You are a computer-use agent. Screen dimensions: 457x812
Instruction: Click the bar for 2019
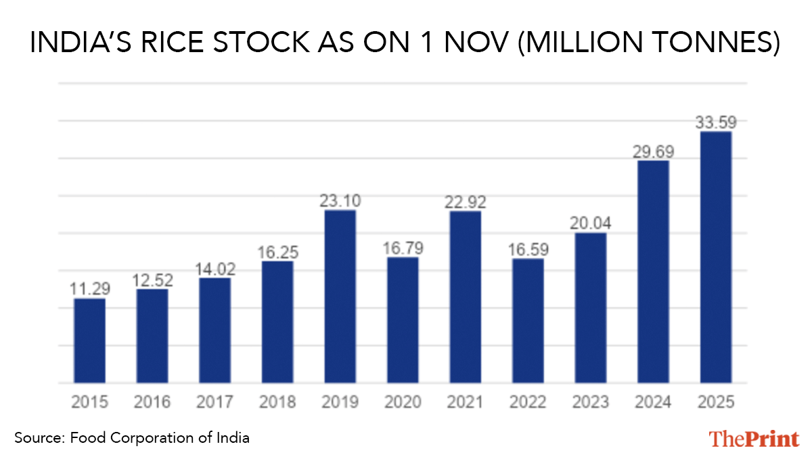point(340,297)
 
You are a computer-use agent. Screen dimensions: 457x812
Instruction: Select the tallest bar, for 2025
point(715,257)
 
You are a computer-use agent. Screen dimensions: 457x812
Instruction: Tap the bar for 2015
point(89,341)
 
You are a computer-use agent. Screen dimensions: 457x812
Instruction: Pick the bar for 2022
point(528,321)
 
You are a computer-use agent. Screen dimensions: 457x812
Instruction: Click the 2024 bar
point(653,271)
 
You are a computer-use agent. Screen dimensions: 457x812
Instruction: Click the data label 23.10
point(340,200)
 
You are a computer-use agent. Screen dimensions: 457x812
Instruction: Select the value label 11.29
point(89,289)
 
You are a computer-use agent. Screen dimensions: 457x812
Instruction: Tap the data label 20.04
point(590,223)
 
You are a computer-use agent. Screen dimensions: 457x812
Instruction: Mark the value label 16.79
point(403,248)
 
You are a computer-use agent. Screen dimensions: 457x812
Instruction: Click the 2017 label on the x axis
point(215,402)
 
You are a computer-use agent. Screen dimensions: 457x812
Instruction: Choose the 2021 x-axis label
point(465,402)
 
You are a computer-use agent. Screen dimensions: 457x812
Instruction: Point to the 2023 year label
point(590,402)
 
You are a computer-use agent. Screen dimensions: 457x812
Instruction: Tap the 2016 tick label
point(152,402)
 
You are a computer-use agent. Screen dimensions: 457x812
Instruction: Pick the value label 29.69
point(653,152)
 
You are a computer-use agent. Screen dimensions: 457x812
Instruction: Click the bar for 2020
point(403,320)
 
